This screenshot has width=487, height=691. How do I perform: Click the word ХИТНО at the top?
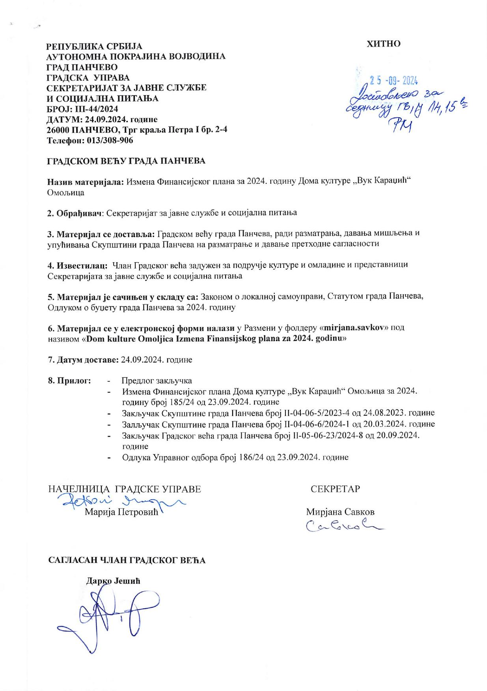point(383,44)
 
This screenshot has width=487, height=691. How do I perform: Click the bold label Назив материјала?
point(86,182)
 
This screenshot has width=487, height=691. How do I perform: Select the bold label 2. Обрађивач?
point(75,213)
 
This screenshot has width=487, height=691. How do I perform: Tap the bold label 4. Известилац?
point(77,265)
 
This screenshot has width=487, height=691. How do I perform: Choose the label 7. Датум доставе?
point(83,360)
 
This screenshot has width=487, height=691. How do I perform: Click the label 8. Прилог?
point(69,381)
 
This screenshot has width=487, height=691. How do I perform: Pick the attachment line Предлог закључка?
point(157,381)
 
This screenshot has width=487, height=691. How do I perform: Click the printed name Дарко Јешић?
point(114,582)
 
